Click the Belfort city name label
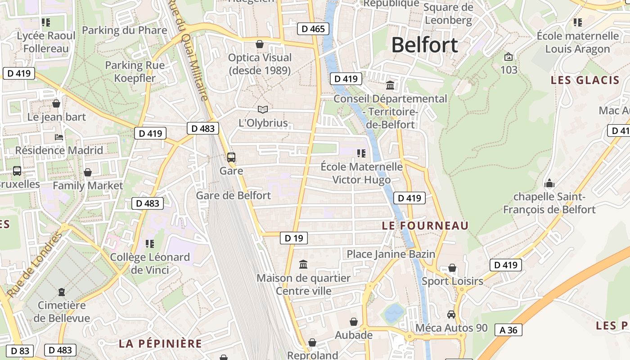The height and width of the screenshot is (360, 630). tap(424, 45)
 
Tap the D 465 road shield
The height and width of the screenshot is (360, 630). tap(313, 29)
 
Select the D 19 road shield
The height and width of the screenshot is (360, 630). tap(294, 238)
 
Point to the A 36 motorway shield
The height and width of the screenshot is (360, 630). tap(508, 330)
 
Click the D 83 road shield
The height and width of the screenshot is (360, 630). tap(20, 350)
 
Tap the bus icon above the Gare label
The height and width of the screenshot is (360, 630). tap(231, 157)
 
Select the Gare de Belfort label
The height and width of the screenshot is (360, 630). tap(234, 195)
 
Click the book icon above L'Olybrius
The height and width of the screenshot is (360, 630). tap(263, 109)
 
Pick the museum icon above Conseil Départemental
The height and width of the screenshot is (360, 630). tap(390, 85)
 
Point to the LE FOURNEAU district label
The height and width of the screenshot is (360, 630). tap(425, 225)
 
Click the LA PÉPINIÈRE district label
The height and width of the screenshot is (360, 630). tap(160, 344)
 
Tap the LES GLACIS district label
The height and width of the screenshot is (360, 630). tap(585, 81)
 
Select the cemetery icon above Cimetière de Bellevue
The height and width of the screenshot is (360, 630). tap(62, 292)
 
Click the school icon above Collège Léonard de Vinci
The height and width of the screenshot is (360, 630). tap(150, 244)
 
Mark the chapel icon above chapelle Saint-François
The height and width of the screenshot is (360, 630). tap(549, 184)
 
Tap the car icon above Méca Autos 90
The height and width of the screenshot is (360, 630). tap(451, 315)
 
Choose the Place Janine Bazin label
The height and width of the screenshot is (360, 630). tap(391, 254)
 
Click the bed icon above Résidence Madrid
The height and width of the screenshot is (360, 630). tap(59, 137)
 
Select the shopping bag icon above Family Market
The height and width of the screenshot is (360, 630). tap(88, 172)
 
